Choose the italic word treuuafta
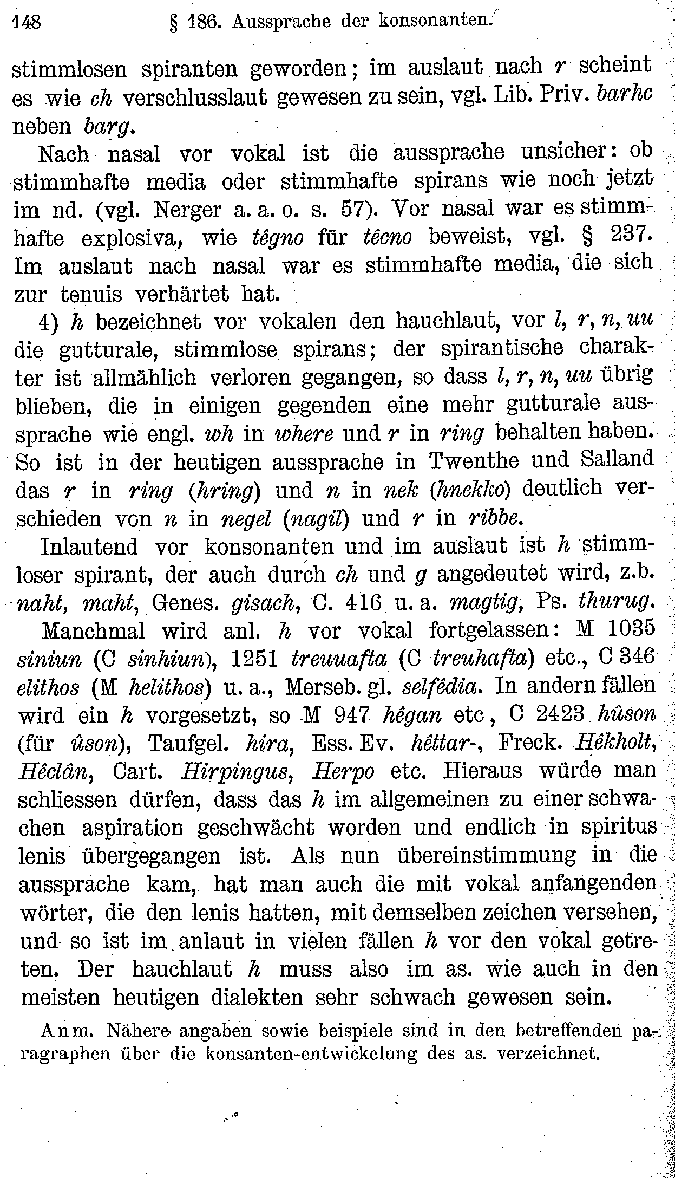coord(339,658)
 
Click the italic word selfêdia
coord(441,687)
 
